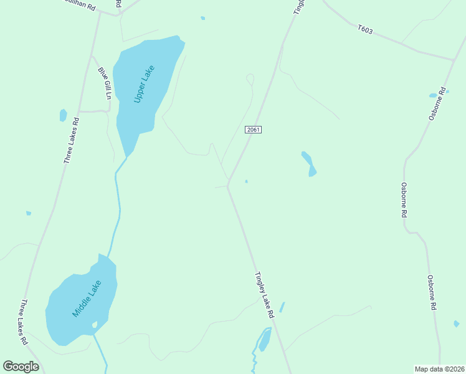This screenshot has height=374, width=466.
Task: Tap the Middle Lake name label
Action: click(x=87, y=299)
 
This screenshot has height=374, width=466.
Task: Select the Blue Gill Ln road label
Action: click(x=104, y=84)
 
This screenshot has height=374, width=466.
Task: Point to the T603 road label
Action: click(x=365, y=29)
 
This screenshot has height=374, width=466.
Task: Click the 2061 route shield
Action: click(x=253, y=130)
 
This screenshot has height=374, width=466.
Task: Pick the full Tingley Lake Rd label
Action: click(x=264, y=295)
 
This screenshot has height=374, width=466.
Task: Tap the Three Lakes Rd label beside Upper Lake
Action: click(x=72, y=141)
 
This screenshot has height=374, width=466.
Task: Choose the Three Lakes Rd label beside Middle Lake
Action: click(x=24, y=322)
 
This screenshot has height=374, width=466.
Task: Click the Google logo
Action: click(x=21, y=367)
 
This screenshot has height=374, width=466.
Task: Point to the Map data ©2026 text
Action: click(x=439, y=369)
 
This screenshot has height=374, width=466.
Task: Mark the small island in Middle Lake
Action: click(x=95, y=325)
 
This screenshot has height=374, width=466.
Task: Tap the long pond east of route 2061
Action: click(x=309, y=163)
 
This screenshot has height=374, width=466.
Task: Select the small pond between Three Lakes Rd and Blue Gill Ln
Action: click(x=63, y=115)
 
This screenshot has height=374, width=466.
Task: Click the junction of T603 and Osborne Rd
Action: click(x=453, y=60)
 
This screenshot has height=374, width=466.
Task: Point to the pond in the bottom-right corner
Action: click(x=457, y=324)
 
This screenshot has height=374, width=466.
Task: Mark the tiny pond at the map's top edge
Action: click(x=203, y=18)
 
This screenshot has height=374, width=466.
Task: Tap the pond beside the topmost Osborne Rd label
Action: click(x=433, y=95)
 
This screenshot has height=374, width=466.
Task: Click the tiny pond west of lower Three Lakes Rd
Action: click(x=29, y=213)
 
